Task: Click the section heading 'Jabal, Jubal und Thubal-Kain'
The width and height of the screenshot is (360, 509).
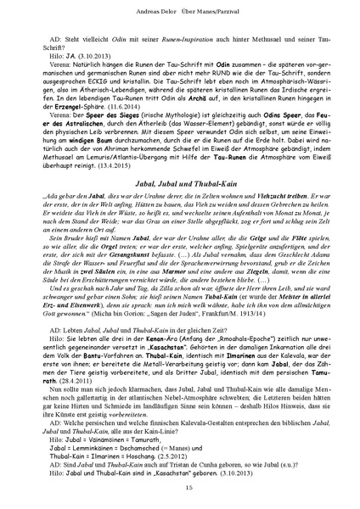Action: (179, 193)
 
